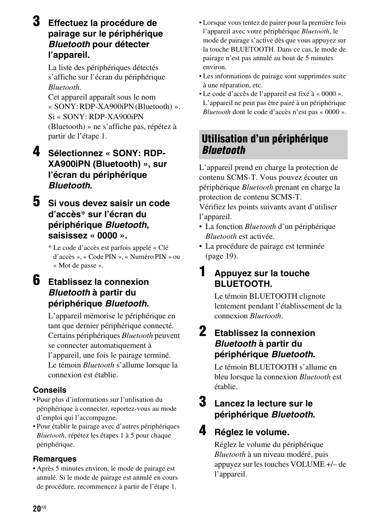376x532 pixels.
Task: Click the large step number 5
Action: pyautogui.click(x=36, y=202)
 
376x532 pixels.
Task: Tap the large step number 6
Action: pyautogui.click(x=36, y=281)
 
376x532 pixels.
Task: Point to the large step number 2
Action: pyautogui.click(x=202, y=332)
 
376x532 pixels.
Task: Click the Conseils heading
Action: pyautogui.click(x=50, y=390)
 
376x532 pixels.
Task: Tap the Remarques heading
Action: pyautogui.click(x=55, y=459)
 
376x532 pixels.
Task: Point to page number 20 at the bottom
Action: pyautogui.click(x=37, y=509)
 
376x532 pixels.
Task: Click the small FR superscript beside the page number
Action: pyautogui.click(x=44, y=508)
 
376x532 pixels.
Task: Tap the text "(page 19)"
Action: pyautogui.click(x=222, y=256)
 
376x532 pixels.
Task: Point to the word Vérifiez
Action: pyautogui.click(x=213, y=207)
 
